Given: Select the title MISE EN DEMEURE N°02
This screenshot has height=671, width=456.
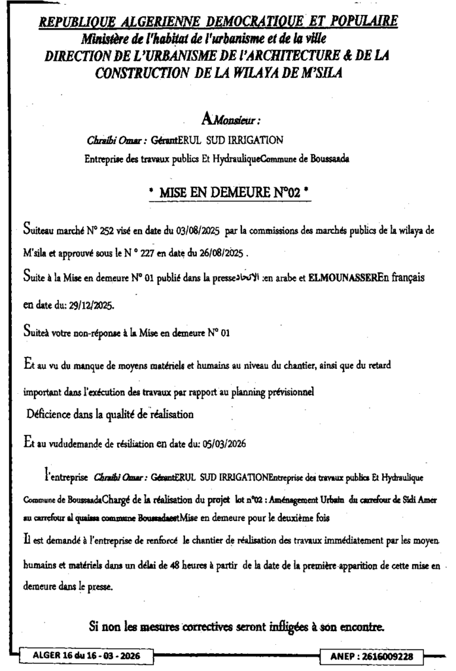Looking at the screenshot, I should pyautogui.click(x=228, y=193).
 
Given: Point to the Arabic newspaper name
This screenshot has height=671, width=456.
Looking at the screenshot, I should pyautogui.click(x=248, y=278).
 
